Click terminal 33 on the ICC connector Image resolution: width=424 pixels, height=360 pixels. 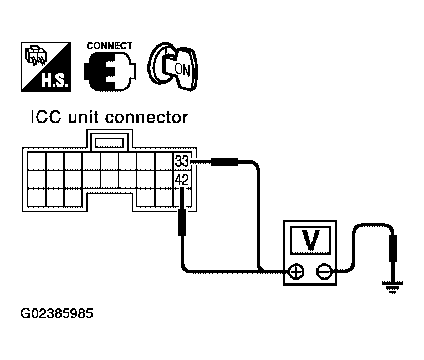pos(182,161)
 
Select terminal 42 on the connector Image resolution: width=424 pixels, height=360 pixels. pos(182,179)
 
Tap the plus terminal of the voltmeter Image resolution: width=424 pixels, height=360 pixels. pos(297,271)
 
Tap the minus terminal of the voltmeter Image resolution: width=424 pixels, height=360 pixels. pos(324,271)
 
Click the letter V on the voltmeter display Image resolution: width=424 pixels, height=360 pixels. pos(310,240)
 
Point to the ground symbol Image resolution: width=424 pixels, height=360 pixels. pos(392,287)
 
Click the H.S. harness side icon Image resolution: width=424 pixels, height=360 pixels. pos(45,67)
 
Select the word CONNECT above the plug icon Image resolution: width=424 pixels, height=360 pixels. pos(110,45)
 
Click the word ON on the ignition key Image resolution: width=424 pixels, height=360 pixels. pos(182,69)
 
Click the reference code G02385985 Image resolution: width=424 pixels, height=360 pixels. pos(57,313)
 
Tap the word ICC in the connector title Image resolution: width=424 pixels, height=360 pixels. pos(46,118)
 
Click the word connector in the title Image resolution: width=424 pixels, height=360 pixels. pos(146,118)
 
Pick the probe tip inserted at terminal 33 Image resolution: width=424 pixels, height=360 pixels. pos(201,161)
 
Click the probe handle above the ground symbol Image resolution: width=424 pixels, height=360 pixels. pos(392,248)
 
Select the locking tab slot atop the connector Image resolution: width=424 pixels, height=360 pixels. pos(110,143)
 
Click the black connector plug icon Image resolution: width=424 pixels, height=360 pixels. pos(110,71)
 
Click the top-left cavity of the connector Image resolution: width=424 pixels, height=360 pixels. pos(37,161)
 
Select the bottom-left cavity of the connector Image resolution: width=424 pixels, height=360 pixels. pos(37,198)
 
